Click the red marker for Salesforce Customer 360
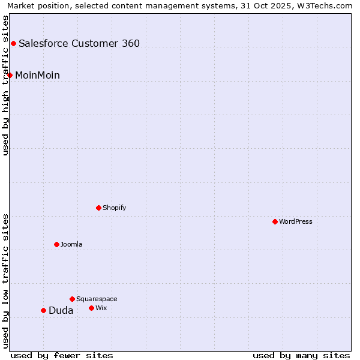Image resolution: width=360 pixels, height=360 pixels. pos(13,43)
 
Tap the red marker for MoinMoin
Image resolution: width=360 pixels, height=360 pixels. pos(10,75)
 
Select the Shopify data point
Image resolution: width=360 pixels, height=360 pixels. pos(98,208)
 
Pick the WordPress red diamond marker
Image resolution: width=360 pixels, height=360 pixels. pos(275,221)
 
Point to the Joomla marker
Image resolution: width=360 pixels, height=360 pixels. pos(56,244)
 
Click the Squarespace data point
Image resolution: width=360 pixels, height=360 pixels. pos(72,299)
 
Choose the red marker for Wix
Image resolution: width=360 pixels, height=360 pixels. pos(91,308)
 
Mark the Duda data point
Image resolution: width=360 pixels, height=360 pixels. pos(43,310)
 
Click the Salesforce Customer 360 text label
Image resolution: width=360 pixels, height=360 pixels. pos(79,43)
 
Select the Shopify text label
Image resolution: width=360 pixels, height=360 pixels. pos(114,208)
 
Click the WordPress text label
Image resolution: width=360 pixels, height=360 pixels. pos(296,221)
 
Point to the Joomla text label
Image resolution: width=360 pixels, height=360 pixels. pos(71,244)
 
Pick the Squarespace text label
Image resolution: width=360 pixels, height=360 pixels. pos(97,299)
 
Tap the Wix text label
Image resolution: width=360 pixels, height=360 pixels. pos(101,308)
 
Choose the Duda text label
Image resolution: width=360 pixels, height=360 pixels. pos(61,310)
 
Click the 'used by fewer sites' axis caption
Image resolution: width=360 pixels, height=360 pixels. pos(62,355)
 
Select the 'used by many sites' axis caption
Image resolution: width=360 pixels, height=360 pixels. pos(301,355)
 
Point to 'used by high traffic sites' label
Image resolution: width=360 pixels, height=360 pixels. pos(6,85)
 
